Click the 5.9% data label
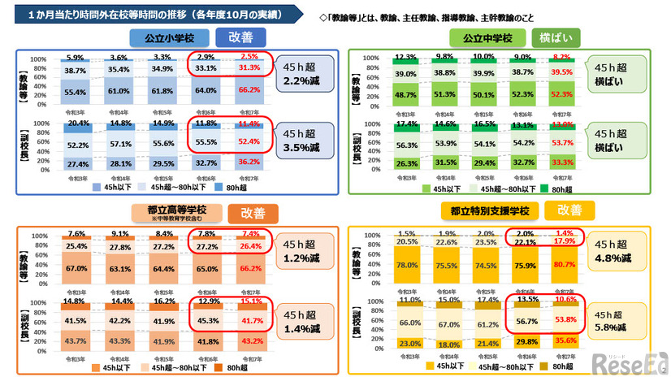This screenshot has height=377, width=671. coord(76,58)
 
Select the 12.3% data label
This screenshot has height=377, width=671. coord(407,57)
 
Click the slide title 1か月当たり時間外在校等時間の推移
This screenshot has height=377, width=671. coord(150,14)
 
